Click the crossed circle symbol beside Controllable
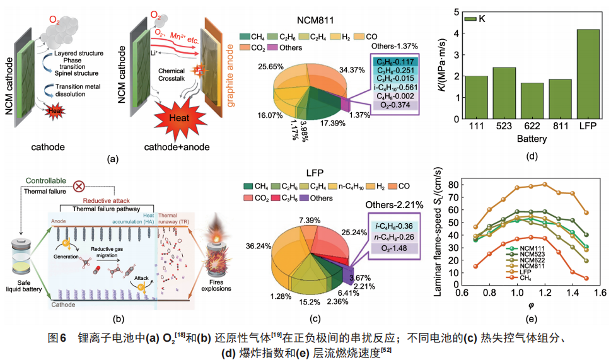click(x=79, y=187)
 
